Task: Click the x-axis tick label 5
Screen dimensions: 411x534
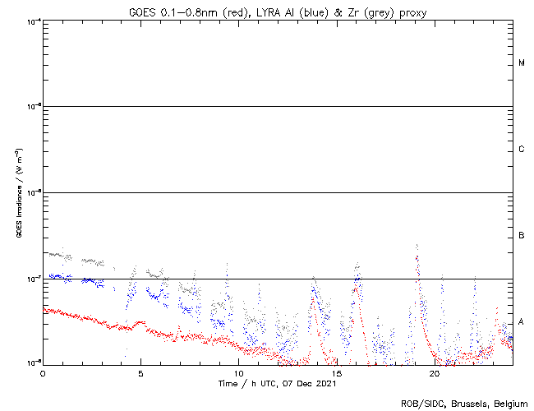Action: click(140, 372)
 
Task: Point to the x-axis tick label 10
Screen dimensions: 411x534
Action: click(238, 372)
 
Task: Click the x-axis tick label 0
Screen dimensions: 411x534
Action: click(43, 372)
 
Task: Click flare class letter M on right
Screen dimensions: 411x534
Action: click(522, 63)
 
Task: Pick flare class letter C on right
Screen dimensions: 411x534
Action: click(522, 150)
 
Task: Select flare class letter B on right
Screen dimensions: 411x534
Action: click(522, 236)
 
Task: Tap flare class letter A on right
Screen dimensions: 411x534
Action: click(522, 321)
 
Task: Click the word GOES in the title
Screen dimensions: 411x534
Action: click(143, 11)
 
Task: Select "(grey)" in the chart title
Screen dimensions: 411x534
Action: click(374, 11)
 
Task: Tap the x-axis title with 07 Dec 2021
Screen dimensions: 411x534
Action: click(278, 383)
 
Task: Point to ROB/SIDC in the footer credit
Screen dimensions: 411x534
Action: click(420, 404)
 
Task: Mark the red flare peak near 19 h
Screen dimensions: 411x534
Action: click(417, 257)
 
